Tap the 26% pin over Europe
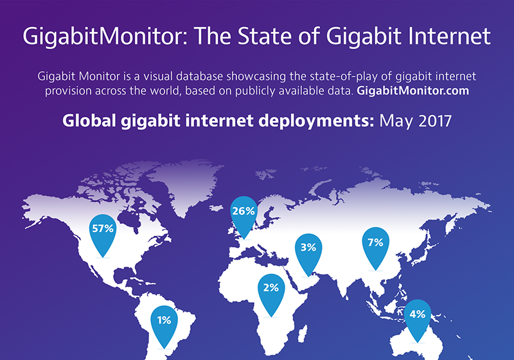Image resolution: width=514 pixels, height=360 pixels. (x=244, y=213)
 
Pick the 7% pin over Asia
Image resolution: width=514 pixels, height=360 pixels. (x=375, y=245)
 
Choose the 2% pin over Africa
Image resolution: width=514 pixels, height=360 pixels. (x=270, y=291)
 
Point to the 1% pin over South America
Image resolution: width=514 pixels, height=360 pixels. (x=164, y=321)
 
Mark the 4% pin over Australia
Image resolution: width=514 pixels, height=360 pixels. (x=416, y=317)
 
